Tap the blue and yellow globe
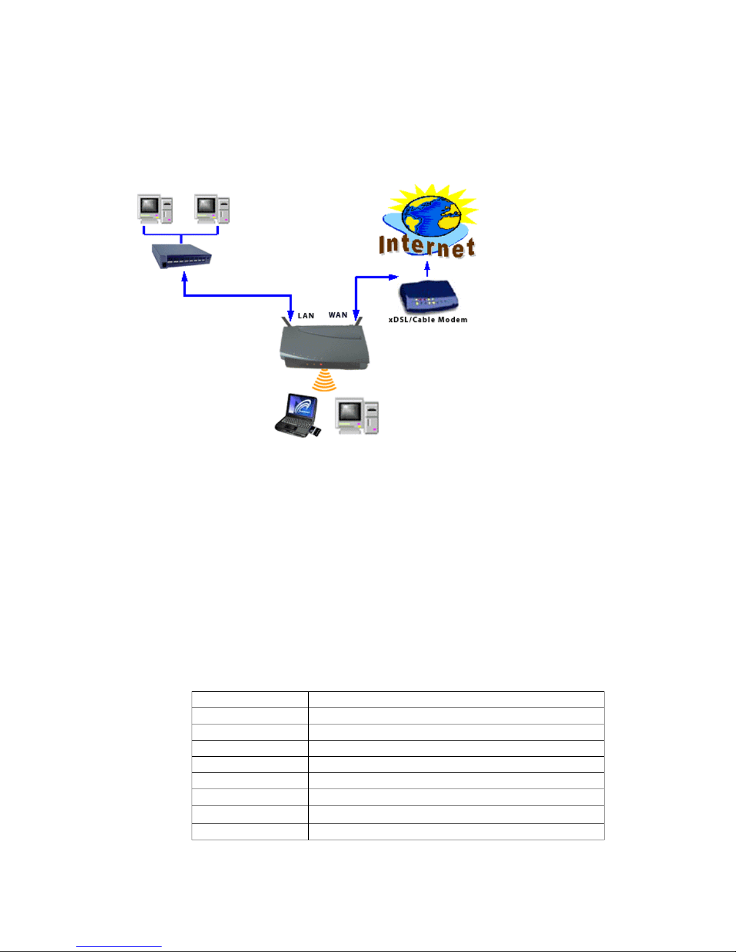click(x=431, y=216)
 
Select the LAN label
click(x=306, y=315)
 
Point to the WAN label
click(x=338, y=315)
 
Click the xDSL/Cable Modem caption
click(x=428, y=320)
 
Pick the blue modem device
click(x=428, y=296)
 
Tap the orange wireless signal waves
click(x=324, y=380)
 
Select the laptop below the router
click(x=297, y=414)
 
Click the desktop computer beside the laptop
click(x=357, y=416)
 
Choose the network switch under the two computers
click(x=181, y=256)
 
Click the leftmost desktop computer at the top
click(x=154, y=208)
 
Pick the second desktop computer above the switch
click(x=212, y=208)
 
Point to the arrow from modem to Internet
click(x=427, y=269)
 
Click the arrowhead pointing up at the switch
click(x=184, y=276)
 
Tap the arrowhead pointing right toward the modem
click(x=393, y=277)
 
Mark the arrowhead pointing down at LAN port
click(x=290, y=315)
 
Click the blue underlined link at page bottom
click(x=119, y=946)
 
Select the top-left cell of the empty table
click(x=250, y=700)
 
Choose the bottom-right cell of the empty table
click(x=456, y=831)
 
